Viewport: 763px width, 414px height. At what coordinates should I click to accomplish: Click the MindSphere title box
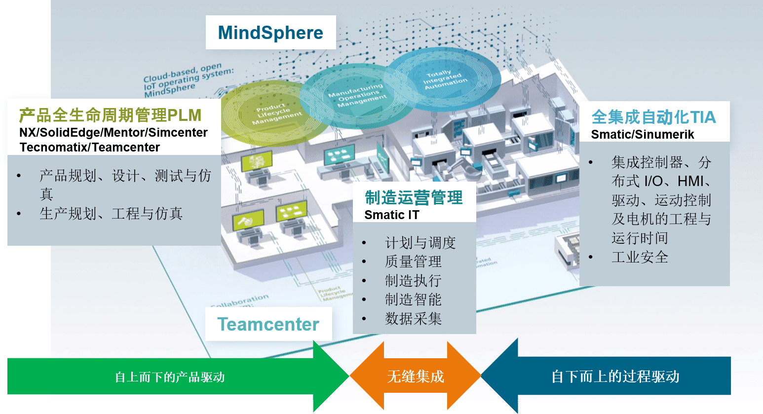pos(270,33)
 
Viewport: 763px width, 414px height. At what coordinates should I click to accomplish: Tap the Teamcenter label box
pos(268,324)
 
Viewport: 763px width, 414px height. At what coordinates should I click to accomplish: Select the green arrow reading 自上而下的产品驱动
pos(170,377)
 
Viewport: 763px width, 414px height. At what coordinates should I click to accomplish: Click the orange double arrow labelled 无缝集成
pos(416,377)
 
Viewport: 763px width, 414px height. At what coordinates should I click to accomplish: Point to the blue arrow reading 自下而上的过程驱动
pos(615,377)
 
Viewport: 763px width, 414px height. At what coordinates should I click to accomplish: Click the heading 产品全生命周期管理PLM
pos(110,115)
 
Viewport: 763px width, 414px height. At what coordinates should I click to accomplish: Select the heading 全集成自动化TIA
pos(653,117)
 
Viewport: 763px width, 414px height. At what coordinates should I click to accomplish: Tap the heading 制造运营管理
pos(414,198)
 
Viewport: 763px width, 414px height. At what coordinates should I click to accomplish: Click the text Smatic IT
pos(392,215)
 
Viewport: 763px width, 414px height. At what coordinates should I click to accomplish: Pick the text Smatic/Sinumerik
pos(643,135)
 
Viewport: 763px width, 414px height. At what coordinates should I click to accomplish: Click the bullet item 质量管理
pos(413,262)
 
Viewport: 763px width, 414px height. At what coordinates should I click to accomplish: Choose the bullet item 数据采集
pos(413,319)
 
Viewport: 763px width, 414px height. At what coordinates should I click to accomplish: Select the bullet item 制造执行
pos(413,281)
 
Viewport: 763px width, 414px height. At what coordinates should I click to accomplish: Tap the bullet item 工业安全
pos(640,257)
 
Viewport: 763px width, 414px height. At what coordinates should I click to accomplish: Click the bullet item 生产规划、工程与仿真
pos(111,214)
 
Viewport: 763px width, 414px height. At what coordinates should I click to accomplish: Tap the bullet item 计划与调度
pos(420,243)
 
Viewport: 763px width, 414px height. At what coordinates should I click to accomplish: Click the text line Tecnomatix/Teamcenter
pos(90,148)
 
